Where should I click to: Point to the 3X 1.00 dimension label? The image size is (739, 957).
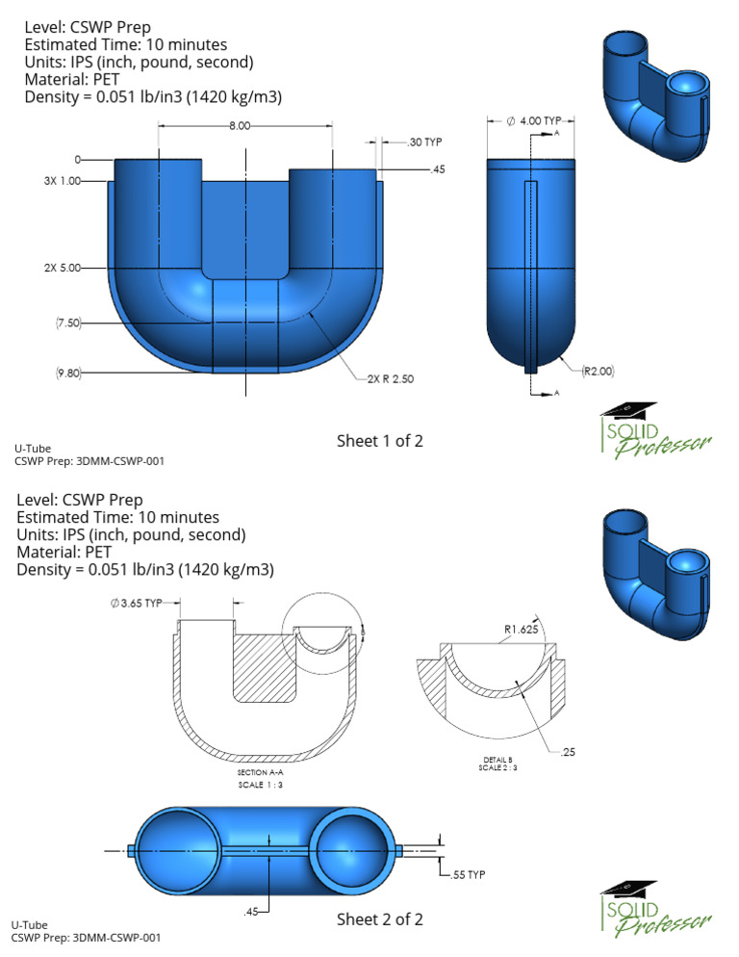click(63, 181)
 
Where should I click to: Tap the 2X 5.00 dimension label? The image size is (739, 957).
click(63, 268)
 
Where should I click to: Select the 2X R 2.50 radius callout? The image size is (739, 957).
click(390, 379)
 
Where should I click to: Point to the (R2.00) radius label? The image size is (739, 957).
click(597, 369)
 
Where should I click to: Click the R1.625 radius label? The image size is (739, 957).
click(522, 632)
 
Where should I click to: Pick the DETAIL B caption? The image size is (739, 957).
click(497, 760)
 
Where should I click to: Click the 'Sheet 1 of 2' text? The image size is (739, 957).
click(379, 441)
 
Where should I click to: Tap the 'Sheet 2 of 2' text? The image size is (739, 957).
click(379, 919)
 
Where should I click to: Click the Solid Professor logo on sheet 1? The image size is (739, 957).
click(654, 429)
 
